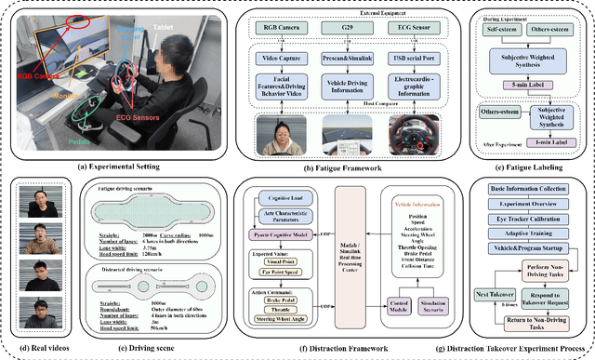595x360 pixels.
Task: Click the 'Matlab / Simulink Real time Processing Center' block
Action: click(x=352, y=254)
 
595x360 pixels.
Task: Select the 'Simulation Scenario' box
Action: click(x=443, y=307)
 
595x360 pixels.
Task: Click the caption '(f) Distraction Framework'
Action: click(x=352, y=352)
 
